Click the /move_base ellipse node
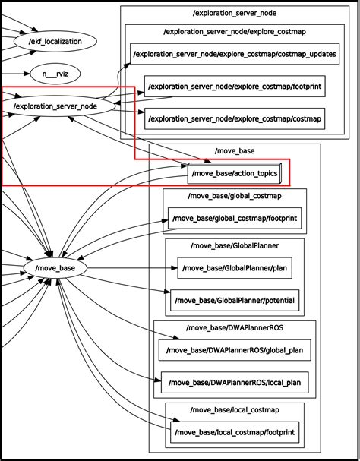click(x=50, y=268)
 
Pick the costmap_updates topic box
click(x=234, y=55)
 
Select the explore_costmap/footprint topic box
click(x=234, y=87)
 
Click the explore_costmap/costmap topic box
click(x=234, y=119)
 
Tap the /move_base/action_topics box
click(x=235, y=174)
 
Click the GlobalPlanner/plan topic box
click(x=235, y=268)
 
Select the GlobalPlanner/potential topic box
click(x=234, y=301)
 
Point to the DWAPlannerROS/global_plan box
click(x=234, y=350)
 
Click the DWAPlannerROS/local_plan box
click(x=235, y=382)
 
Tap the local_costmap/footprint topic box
click(x=234, y=432)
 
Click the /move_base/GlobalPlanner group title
click(x=234, y=246)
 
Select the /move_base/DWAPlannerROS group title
click(x=234, y=328)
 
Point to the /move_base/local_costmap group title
click(x=234, y=410)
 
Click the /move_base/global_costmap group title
click(x=234, y=197)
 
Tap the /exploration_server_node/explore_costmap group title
click(x=234, y=32)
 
